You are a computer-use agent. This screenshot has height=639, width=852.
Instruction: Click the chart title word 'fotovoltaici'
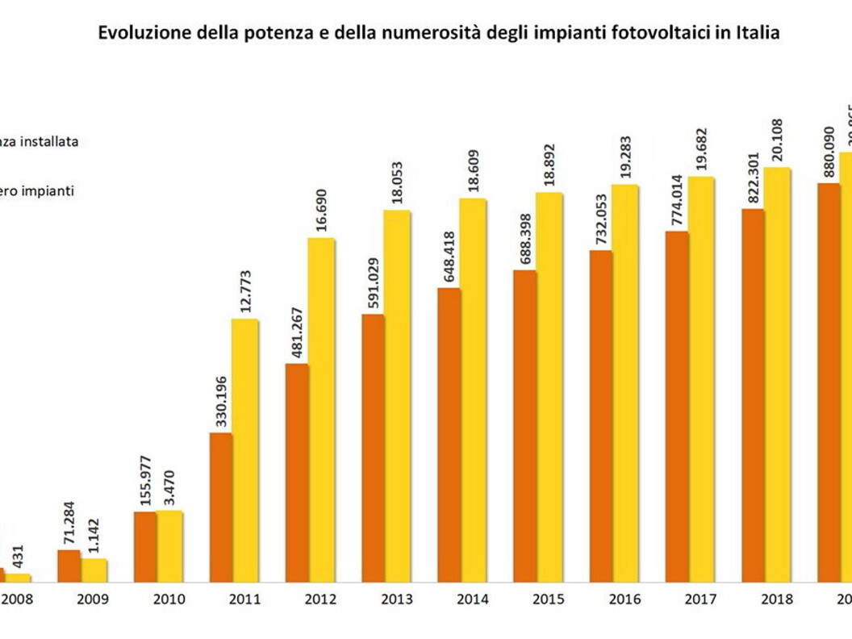[636, 33]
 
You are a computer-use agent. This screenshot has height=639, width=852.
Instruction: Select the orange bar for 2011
[221, 507]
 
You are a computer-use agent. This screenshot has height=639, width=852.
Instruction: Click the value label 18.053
[397, 185]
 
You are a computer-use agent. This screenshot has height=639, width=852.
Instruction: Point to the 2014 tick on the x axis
[473, 599]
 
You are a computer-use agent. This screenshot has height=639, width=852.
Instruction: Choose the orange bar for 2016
[600, 416]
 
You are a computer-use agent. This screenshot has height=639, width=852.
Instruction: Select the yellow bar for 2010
[169, 546]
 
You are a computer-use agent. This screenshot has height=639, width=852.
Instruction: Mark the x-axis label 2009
[94, 599]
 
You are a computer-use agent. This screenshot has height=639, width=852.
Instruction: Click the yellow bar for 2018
[777, 375]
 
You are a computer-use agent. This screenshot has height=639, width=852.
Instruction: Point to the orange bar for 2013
[373, 449]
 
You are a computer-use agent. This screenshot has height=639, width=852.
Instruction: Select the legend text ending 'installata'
[40, 141]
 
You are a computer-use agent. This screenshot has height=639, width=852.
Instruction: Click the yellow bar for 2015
[549, 387]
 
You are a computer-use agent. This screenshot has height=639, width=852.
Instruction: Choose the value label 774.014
[677, 201]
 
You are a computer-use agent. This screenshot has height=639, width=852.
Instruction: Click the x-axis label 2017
[700, 599]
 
